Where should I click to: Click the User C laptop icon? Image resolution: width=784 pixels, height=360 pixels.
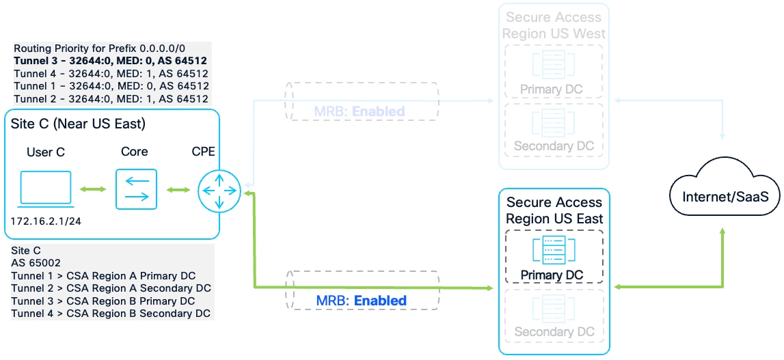pos(46,188)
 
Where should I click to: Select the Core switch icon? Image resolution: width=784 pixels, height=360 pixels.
pos(136,189)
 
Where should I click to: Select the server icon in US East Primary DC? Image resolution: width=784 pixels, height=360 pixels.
pos(554,250)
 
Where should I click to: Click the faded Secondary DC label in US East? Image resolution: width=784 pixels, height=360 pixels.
pos(554,332)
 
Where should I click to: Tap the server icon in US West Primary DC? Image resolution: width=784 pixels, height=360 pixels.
pos(554,66)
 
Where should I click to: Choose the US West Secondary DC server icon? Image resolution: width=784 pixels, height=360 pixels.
pos(554,124)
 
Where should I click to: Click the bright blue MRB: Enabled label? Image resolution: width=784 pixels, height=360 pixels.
pos(361,301)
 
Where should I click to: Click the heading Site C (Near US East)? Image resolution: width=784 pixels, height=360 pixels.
pos(78,124)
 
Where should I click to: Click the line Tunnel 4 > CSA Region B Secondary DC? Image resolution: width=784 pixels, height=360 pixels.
pos(111,314)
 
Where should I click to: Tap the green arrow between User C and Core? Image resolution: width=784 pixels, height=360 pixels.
pos(93,189)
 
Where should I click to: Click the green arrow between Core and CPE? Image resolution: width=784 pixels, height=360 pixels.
pos(178,189)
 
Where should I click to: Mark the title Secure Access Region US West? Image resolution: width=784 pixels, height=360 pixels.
pos(554,25)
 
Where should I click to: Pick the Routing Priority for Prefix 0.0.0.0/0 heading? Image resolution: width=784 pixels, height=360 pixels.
pos(100,49)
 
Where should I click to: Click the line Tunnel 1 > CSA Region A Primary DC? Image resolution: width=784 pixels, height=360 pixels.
pos(103,276)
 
